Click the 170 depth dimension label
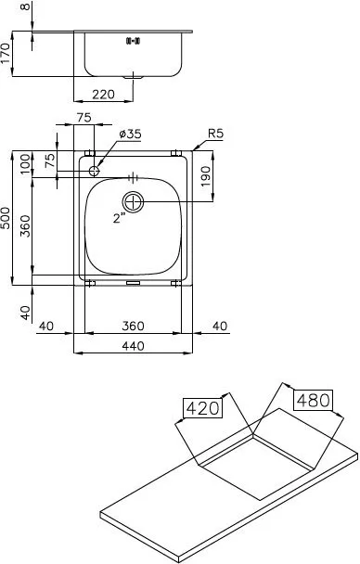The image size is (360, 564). click(5, 53)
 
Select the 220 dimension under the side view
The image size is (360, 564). click(104, 95)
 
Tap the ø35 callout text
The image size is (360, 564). click(130, 135)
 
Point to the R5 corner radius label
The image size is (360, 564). click(216, 134)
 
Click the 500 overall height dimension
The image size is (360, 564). click(5, 218)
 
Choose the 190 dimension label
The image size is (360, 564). click(205, 176)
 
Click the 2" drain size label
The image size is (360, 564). click(119, 218)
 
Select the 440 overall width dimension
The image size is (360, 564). click(133, 346)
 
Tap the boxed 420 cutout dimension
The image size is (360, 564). click(203, 408)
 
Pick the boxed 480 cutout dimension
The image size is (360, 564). click(314, 400)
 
